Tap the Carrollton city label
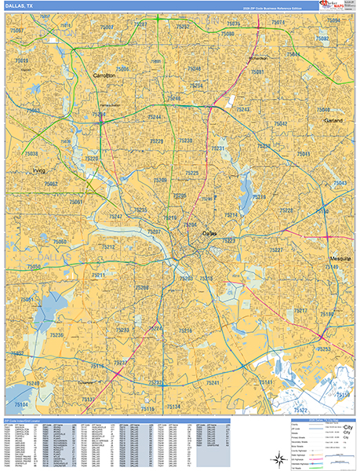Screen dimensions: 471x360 (x=104, y=75)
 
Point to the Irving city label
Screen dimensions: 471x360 (x=38, y=170)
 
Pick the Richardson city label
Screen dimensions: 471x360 (x=258, y=58)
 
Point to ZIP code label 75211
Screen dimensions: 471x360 (x=98, y=276)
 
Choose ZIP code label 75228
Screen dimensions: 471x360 (x=287, y=210)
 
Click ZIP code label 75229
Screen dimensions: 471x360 (x=156, y=141)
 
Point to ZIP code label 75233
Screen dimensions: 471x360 (x=122, y=330)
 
